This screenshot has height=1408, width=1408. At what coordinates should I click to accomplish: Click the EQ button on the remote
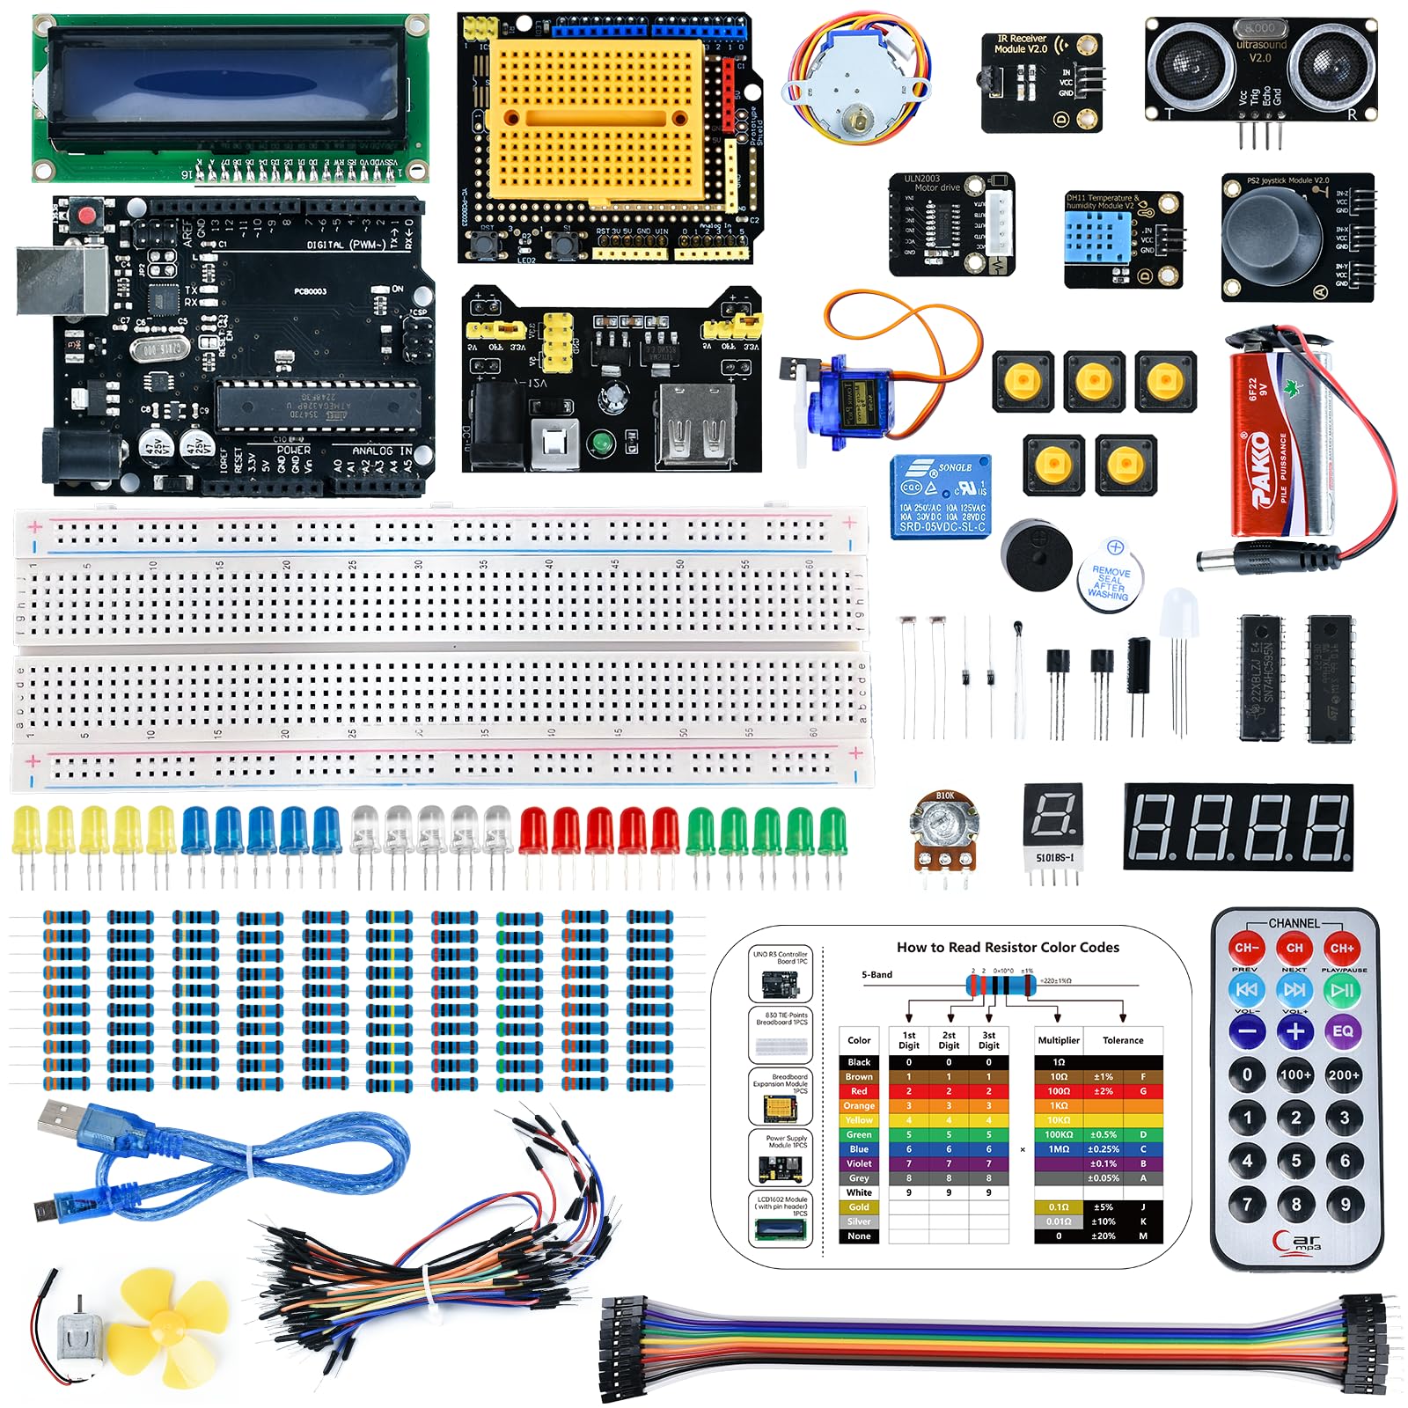tap(1343, 1030)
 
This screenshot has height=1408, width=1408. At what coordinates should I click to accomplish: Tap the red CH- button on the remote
tap(1246, 948)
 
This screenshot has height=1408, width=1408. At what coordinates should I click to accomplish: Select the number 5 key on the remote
tap(1295, 1161)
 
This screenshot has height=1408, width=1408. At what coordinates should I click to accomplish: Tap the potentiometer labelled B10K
tap(943, 831)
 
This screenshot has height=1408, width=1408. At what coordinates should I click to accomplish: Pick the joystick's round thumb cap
tap(1273, 235)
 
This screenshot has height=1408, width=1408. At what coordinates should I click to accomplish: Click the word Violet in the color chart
tap(859, 1163)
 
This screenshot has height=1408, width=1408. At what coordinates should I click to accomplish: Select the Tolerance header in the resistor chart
tap(1123, 1040)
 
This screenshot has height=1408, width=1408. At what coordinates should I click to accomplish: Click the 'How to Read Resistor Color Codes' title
tap(1008, 948)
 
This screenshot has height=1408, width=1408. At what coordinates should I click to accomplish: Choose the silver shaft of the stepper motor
tap(854, 118)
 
